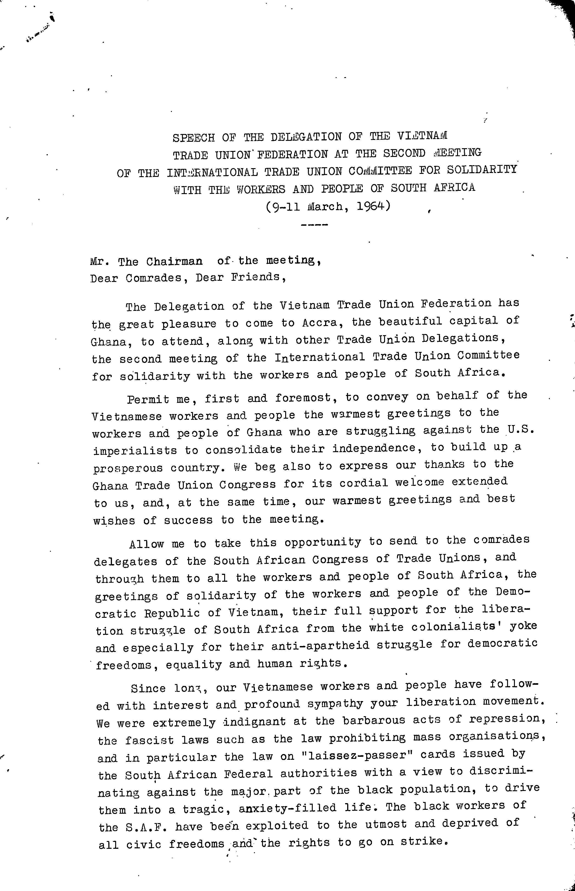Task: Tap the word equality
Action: pos(193,664)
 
